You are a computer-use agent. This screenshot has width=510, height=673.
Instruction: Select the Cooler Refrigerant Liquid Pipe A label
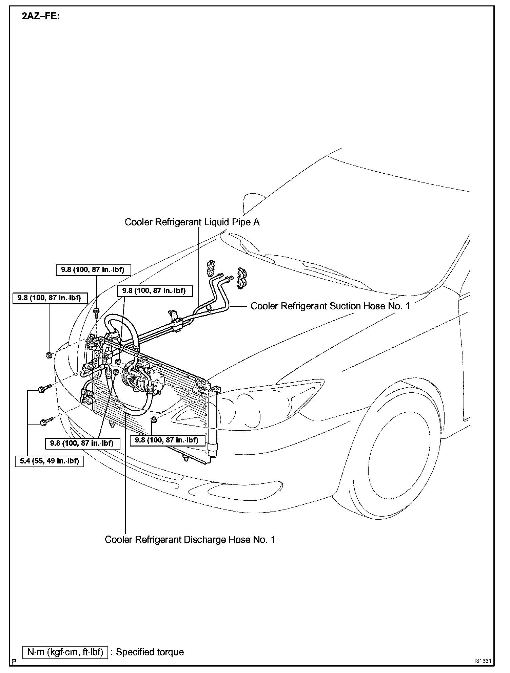192,222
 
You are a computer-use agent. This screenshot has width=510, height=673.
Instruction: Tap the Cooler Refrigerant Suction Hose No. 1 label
330,306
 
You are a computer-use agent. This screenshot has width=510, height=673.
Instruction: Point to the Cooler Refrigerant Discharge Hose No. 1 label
190,539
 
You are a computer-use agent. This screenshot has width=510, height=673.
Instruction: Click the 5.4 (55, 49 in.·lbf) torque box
50,461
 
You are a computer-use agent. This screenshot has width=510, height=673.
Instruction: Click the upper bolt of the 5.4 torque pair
44,388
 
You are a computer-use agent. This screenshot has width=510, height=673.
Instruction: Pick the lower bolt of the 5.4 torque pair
46,421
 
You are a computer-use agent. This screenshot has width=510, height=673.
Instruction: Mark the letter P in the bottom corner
14,661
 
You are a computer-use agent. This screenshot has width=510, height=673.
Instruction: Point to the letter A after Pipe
256,222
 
